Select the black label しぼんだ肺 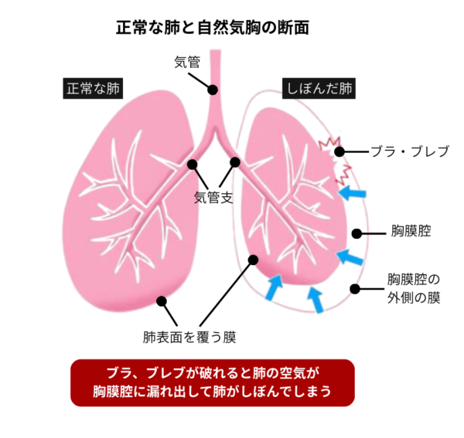pyautogui.click(x=319, y=88)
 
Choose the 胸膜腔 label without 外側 pyautogui.click(x=411, y=232)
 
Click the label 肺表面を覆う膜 pyautogui.click(x=189, y=337)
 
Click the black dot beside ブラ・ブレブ pyautogui.click(x=341, y=152)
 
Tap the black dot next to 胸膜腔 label pyautogui.click(x=357, y=233)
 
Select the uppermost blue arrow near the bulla pyautogui.click(x=356, y=190)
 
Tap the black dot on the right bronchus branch pyautogui.click(x=235, y=163)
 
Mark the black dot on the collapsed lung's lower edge pyautogui.click(x=252, y=260)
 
